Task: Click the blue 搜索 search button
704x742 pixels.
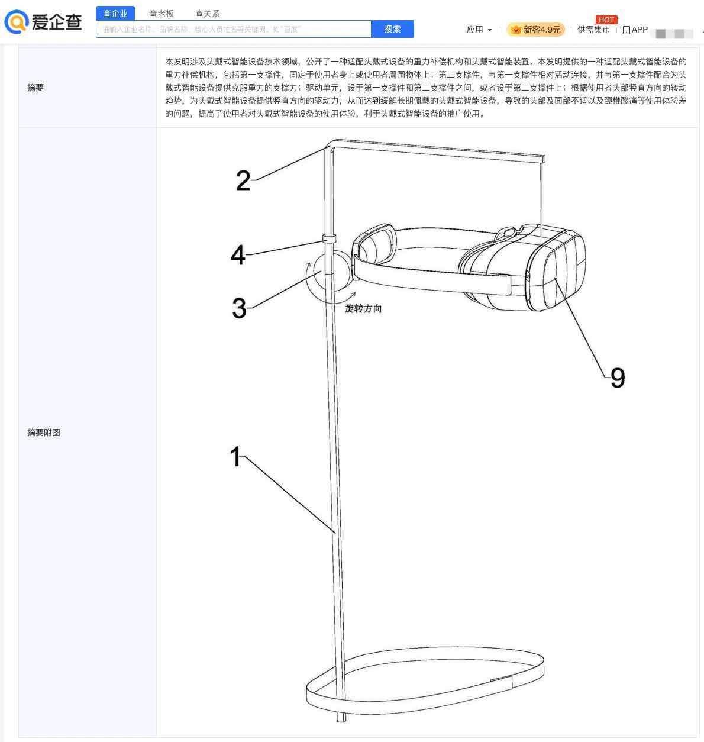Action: click(x=392, y=29)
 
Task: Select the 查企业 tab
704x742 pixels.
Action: click(x=115, y=14)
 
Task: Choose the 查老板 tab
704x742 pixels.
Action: click(x=161, y=14)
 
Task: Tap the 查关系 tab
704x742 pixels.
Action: click(x=207, y=14)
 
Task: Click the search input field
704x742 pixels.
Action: click(x=233, y=29)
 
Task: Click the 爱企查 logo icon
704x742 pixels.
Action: click(x=17, y=21)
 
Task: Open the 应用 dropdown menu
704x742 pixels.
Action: click(x=479, y=30)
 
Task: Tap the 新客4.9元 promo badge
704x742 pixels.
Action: click(x=535, y=30)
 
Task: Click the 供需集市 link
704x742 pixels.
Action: click(x=593, y=30)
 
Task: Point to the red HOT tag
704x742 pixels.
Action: click(x=606, y=20)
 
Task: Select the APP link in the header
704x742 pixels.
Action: click(x=635, y=30)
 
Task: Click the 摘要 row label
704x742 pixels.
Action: click(x=35, y=88)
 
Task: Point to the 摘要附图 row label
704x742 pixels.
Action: click(x=44, y=433)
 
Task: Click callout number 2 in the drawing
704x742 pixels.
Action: click(x=243, y=181)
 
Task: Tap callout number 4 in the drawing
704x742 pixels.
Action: click(x=238, y=255)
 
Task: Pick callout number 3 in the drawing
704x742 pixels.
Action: click(x=240, y=308)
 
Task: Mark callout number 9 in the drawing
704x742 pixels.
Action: click(x=618, y=378)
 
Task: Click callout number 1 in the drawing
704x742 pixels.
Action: click(x=235, y=456)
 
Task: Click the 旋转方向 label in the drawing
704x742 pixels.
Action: click(x=363, y=309)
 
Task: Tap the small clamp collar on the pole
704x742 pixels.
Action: click(x=329, y=238)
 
